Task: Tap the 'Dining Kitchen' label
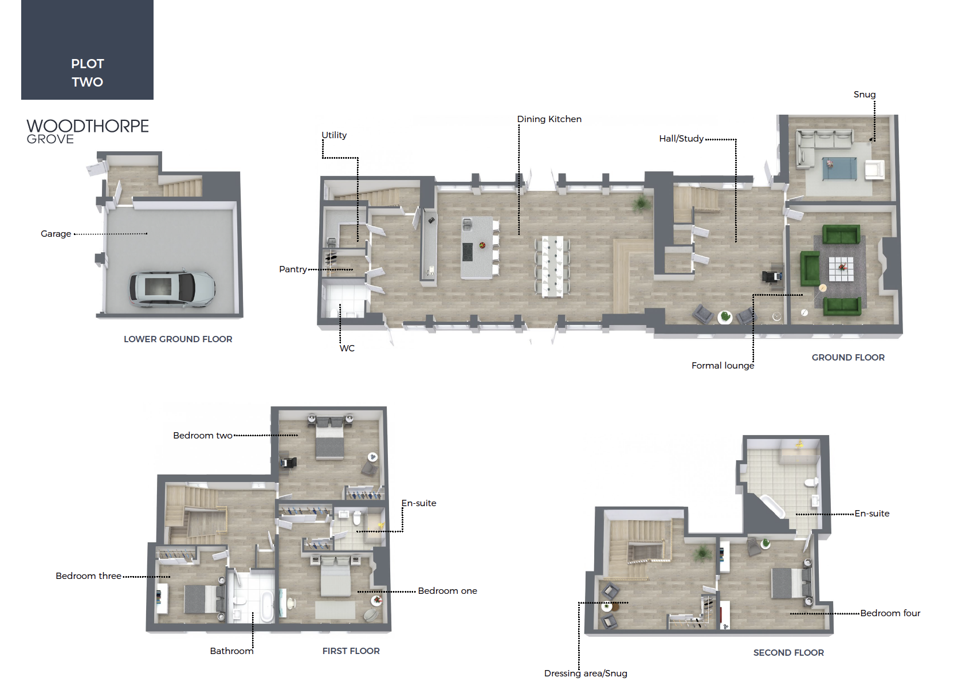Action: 549,119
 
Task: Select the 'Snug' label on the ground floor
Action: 864,95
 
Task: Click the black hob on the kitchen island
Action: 468,251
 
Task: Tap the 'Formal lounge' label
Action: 723,366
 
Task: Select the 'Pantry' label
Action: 293,269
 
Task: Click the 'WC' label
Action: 347,349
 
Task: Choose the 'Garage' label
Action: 56,234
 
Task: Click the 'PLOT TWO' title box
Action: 87,50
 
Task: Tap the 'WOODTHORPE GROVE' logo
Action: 87,131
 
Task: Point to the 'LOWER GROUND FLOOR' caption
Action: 178,339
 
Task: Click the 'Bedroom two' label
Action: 202,435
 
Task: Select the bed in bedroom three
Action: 205,599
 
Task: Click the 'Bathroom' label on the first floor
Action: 231,651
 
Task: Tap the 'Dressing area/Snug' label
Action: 585,674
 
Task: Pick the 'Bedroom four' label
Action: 890,613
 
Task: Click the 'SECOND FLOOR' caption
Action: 788,652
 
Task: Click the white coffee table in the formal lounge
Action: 841,269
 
